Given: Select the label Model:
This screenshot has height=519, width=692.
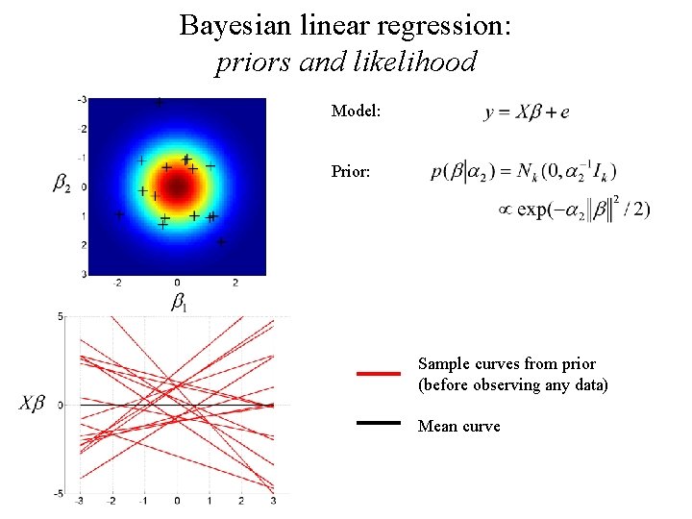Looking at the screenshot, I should (x=356, y=111).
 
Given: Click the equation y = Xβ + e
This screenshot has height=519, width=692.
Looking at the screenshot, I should (x=527, y=112).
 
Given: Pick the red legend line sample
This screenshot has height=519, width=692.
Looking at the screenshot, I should (x=378, y=374).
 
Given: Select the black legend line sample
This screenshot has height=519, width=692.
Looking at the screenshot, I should (x=378, y=422).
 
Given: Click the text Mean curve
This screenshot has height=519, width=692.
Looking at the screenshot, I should (x=458, y=426).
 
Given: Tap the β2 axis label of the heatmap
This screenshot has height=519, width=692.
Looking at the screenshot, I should (x=62, y=182).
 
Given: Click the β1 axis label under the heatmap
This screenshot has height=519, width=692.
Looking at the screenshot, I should (x=179, y=302).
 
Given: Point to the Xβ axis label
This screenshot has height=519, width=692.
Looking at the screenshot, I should (x=32, y=404).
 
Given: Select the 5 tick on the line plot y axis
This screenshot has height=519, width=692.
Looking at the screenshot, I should (x=61, y=316).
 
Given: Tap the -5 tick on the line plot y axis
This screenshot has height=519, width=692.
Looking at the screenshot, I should (x=59, y=493).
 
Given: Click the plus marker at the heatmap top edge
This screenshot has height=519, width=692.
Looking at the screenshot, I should (x=160, y=101).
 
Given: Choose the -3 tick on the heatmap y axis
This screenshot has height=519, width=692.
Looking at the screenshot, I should (x=83, y=100).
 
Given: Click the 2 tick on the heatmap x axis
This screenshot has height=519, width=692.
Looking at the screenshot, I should (x=235, y=283).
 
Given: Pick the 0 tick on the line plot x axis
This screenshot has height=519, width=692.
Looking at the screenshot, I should (x=177, y=502).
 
